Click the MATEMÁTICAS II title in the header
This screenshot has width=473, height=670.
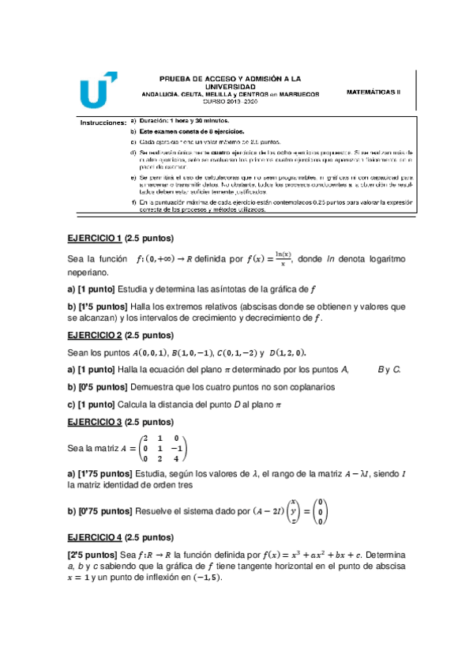(374, 92)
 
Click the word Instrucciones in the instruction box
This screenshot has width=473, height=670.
(103, 122)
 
